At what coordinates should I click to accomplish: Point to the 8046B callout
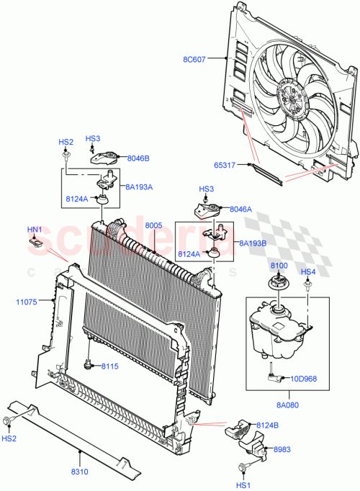[138, 158]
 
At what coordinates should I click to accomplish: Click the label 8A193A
[140, 186]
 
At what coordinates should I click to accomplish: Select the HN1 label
[35, 230]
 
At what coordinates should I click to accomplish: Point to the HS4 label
[307, 271]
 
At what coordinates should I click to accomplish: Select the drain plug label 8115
[109, 366]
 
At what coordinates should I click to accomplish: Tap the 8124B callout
[267, 425]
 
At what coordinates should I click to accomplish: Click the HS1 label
[246, 485]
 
